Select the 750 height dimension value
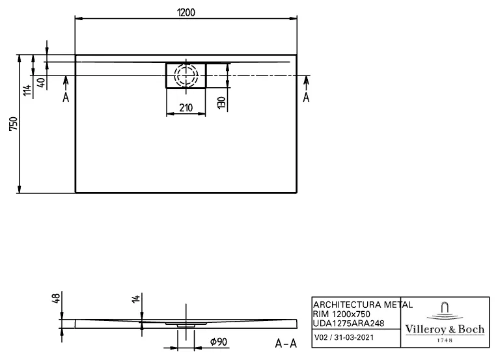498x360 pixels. (13, 124)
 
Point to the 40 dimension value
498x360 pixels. (40, 83)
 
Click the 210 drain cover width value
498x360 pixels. (186, 108)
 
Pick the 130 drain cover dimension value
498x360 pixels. (221, 102)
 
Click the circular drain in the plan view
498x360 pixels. (186, 75)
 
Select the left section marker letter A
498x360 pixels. (66, 97)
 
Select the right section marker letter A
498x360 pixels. (306, 97)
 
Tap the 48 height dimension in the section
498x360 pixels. (56, 299)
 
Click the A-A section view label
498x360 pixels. (286, 343)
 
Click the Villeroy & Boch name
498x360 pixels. (445, 329)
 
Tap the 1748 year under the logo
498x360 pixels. (445, 340)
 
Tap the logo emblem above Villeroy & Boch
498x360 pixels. (445, 311)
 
